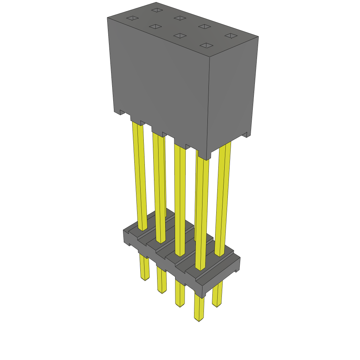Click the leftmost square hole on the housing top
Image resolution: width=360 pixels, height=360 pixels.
click(132, 18)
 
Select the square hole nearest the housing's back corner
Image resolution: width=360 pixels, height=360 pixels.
click(156, 10)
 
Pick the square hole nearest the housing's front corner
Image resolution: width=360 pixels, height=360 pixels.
click(207, 45)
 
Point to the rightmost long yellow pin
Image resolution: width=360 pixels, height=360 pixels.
click(224, 197)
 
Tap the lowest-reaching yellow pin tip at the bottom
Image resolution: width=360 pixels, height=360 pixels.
click(199, 318)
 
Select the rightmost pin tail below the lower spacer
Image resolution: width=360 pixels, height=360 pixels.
click(217, 295)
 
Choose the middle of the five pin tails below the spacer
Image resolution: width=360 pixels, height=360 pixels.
click(180, 295)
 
